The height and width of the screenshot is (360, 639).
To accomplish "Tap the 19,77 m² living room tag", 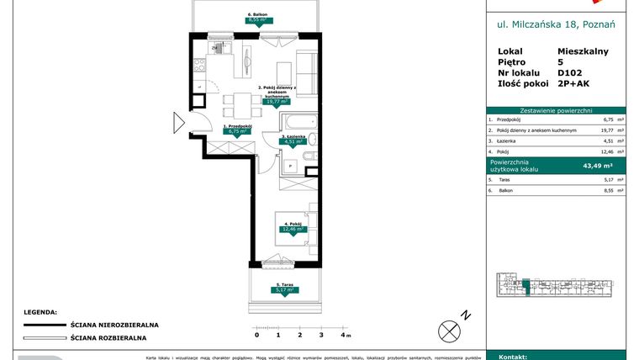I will point(277,102).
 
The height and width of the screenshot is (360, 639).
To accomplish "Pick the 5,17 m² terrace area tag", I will point(287,291).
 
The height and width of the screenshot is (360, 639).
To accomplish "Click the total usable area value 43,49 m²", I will point(603,166).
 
